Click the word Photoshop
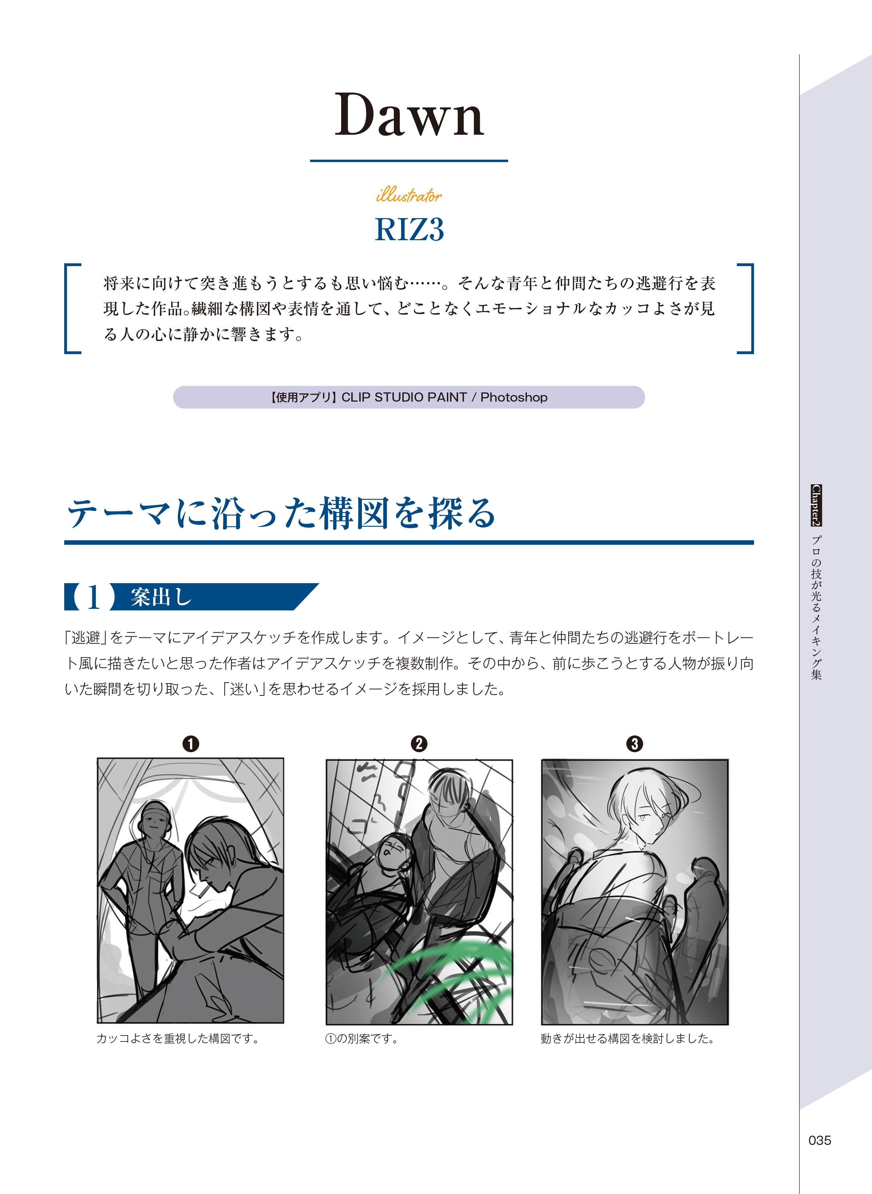click(x=514, y=397)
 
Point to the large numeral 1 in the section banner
click(x=94, y=597)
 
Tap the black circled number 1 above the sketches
click(x=191, y=744)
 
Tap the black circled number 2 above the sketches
click(x=419, y=744)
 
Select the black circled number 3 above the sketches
click(x=635, y=744)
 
